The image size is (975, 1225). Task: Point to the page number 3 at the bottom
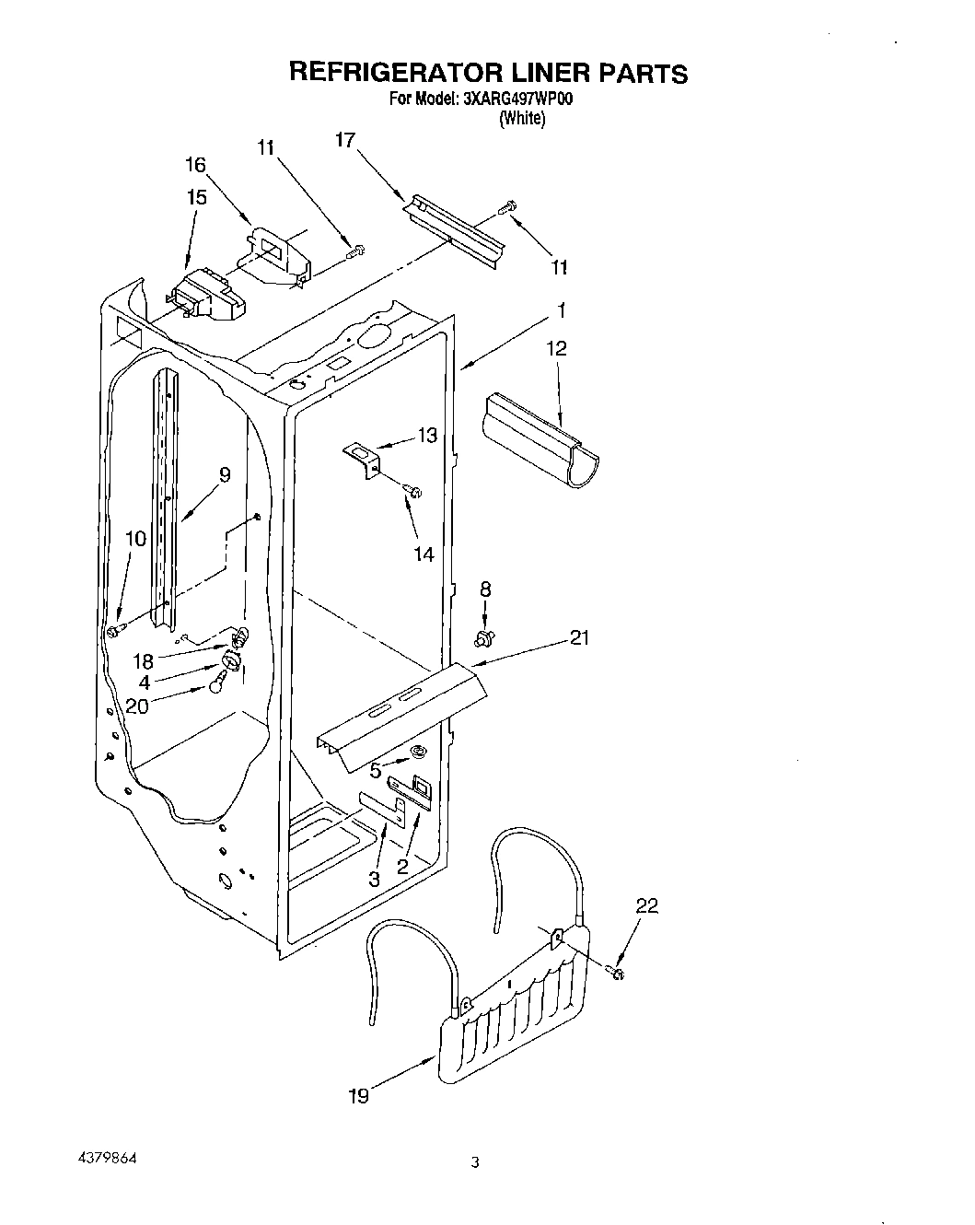474,1163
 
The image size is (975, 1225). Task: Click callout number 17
345,140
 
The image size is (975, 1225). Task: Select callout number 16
196,165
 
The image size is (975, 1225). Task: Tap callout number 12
556,348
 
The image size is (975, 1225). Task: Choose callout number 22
647,906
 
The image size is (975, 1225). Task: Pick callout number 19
358,1095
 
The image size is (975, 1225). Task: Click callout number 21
579,636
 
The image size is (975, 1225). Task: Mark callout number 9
224,475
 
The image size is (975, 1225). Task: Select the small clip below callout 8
484,636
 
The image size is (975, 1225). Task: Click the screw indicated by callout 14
414,493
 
